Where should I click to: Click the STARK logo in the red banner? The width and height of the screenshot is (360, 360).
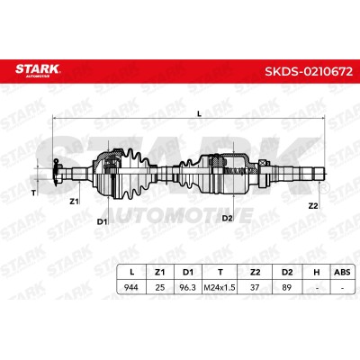pos(38,70)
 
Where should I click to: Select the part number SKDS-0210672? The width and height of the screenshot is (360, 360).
pos(309,71)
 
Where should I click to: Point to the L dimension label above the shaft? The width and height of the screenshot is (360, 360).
pos(199,113)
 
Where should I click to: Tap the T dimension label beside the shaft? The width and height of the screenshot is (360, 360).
pos(33,193)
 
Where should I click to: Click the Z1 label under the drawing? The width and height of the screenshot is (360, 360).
pos(74,202)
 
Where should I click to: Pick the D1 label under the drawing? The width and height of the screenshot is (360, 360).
pos(102,221)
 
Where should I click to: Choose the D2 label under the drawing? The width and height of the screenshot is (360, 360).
pos(227,218)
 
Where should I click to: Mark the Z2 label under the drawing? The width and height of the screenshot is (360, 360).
pos(313,206)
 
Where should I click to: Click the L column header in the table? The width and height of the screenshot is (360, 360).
pos(131,272)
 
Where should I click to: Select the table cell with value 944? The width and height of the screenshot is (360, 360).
pos(131,287)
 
